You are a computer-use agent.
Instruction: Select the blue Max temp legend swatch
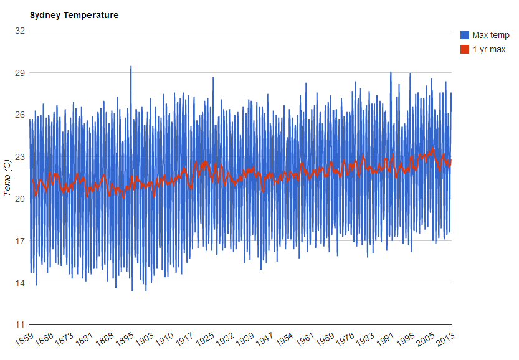pyautogui.click(x=464, y=35)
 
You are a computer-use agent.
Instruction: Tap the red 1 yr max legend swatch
pyautogui.click(x=464, y=49)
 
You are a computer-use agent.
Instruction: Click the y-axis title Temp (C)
pyautogui.click(x=7, y=178)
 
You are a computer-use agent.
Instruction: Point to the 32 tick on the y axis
pyautogui.click(x=18, y=31)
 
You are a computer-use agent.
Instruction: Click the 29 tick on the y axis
pyautogui.click(x=18, y=73)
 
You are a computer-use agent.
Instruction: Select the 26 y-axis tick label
pyautogui.click(x=18, y=115)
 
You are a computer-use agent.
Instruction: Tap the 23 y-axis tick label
pyautogui.click(x=18, y=157)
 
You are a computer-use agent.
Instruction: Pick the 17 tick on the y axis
pyautogui.click(x=18, y=241)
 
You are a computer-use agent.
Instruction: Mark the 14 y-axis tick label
pyautogui.click(x=18, y=283)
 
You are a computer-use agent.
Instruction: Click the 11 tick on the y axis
pyautogui.click(x=18, y=325)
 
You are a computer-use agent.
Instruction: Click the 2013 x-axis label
pyautogui.click(x=444, y=340)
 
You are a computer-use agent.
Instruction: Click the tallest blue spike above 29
pyautogui.click(x=131, y=67)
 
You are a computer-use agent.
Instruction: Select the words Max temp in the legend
pyautogui.click(x=491, y=35)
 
